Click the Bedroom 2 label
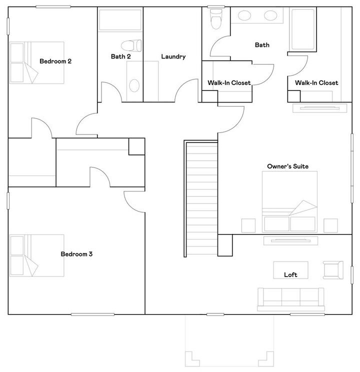pyautogui.click(x=55, y=61)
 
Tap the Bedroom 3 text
pyautogui.click(x=76, y=254)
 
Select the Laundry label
pyautogui.click(x=173, y=56)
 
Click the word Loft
pyautogui.click(x=290, y=274)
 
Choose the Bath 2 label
pyautogui.click(x=120, y=56)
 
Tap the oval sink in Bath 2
pyautogui.click(x=134, y=85)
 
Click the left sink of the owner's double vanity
pyautogui.click(x=244, y=15)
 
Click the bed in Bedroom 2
pyautogui.click(x=37, y=62)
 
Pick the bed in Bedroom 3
pyautogui.click(x=37, y=255)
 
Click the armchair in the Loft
pyautogui.click(x=332, y=270)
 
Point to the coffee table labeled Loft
pyautogui.click(x=290, y=270)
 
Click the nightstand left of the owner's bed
pyautogui.click(x=248, y=225)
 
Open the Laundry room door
pyautogui.click(x=185, y=90)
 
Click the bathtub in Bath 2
pyautogui.click(x=120, y=20)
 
